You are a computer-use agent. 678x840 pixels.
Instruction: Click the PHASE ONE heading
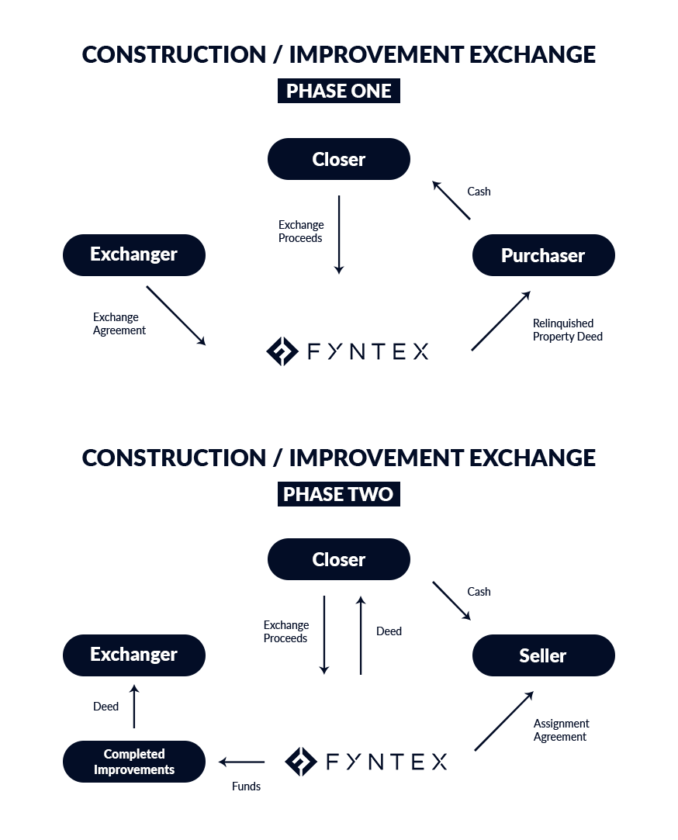pyautogui.click(x=338, y=91)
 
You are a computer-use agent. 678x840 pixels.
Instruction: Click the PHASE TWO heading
pyautogui.click(x=338, y=494)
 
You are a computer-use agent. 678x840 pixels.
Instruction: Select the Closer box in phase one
pyautogui.click(x=338, y=159)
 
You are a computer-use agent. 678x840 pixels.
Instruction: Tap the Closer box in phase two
pyautogui.click(x=338, y=559)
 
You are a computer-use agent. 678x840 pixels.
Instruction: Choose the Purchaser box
pyautogui.click(x=543, y=255)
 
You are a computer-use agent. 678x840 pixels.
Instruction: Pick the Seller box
pyautogui.click(x=543, y=655)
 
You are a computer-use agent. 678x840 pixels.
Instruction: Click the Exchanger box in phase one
pyautogui.click(x=134, y=254)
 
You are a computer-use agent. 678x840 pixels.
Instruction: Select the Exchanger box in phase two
pyautogui.click(x=134, y=655)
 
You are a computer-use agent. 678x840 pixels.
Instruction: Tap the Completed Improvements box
pyautogui.click(x=134, y=762)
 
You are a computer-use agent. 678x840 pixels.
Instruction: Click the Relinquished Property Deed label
pyautogui.click(x=567, y=330)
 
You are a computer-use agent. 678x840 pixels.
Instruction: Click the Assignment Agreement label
pyautogui.click(x=561, y=730)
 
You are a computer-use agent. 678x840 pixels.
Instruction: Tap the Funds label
pyautogui.click(x=246, y=786)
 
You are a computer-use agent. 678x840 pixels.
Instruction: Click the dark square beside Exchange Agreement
pyautogui.click(x=175, y=315)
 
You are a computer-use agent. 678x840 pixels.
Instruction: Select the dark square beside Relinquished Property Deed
pyautogui.click(x=500, y=320)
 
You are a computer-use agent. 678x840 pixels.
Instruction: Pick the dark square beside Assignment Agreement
pyautogui.click(x=503, y=721)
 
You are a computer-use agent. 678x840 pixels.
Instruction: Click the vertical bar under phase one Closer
pyautogui.click(x=339, y=235)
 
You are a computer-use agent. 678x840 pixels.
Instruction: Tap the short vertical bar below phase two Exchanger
pyautogui.click(x=134, y=706)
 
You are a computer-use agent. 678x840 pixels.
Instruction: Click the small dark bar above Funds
pyautogui.click(x=241, y=762)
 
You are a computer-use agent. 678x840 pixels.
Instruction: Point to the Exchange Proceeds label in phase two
pyautogui.click(x=285, y=631)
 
